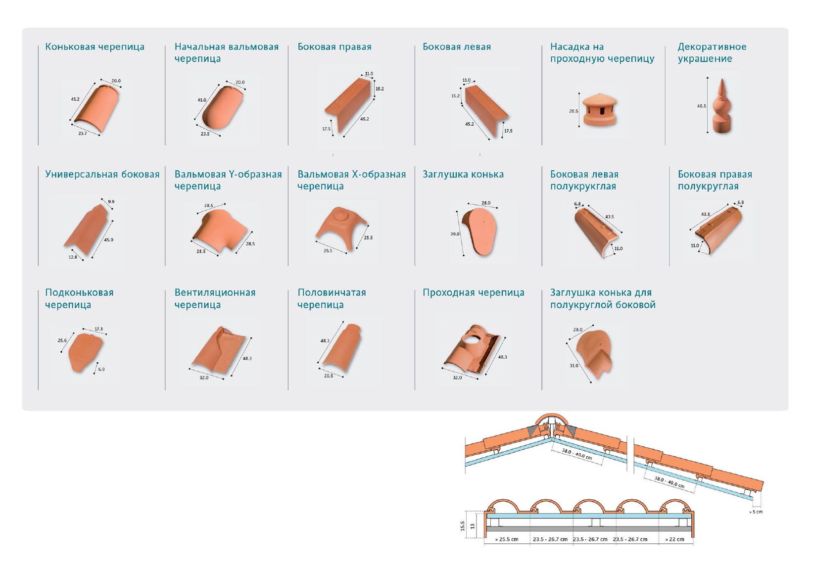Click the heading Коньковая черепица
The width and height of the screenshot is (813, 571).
pos(95,47)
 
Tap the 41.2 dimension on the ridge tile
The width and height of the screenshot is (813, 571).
pos(75,99)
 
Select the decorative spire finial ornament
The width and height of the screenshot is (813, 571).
pos(721,106)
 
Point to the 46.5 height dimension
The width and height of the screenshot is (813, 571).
pos(701,106)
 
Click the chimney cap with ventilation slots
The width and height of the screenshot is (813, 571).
pos(599,110)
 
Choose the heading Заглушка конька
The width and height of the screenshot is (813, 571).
pos(463,175)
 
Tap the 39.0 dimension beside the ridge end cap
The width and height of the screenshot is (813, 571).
pos(455,234)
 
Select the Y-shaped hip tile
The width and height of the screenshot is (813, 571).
pos(220,230)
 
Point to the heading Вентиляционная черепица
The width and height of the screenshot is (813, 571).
pos(215,298)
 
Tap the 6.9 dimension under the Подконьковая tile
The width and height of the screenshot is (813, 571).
pos(101,369)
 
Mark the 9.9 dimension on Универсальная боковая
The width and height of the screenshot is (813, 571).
pos(111,201)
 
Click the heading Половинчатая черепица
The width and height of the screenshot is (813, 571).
pos(332,298)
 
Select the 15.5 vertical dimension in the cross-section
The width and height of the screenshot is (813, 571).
pos(462,525)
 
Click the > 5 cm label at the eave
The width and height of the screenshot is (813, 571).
pos(756,512)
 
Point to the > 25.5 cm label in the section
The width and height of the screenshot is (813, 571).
pos(507,539)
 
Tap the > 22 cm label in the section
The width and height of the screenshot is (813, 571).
pos(674,539)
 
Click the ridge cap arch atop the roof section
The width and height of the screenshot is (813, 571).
pos(550,416)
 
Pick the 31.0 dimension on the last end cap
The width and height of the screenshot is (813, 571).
pos(574,366)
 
